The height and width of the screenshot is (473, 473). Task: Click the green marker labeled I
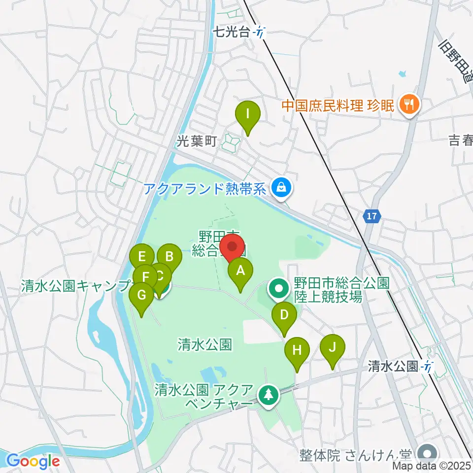pos(248,115)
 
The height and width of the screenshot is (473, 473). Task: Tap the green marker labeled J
pos(332,348)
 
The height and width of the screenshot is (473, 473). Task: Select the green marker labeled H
pos(297,351)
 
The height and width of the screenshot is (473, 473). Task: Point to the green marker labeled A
pos(241,271)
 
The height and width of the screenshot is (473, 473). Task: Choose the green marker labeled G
pos(141,296)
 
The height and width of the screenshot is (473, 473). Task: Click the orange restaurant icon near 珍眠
pos(408,104)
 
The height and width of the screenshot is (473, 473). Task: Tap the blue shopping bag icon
pos(281,187)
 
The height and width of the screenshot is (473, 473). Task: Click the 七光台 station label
pos(232,33)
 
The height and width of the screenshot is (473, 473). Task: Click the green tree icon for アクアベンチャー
pos(268,394)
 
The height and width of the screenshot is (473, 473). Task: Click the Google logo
pos(33,462)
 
